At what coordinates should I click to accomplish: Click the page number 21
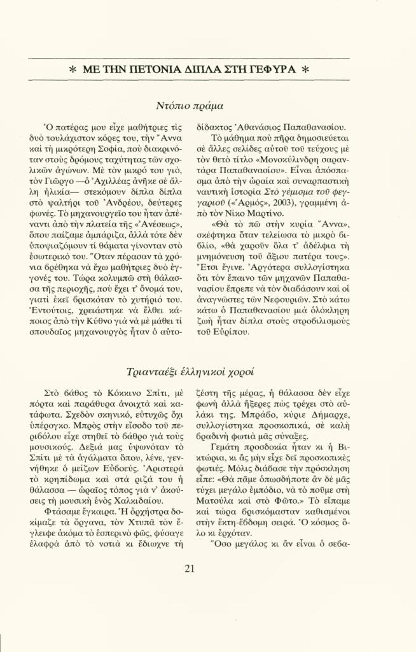pyautogui.click(x=189, y=569)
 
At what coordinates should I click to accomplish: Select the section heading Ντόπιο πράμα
pyautogui.click(x=189, y=106)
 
